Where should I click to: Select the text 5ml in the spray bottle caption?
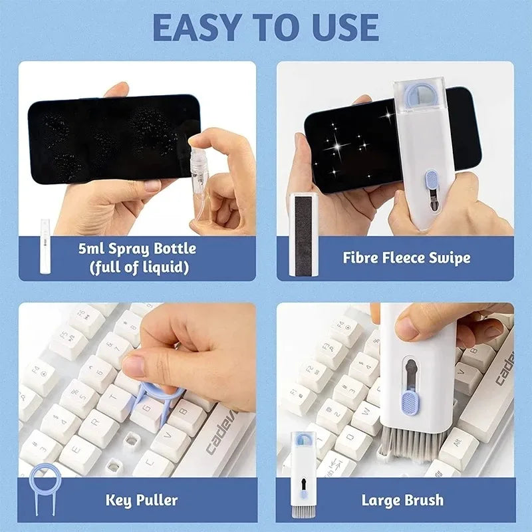click(x=92, y=249)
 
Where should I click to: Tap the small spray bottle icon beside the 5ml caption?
click(x=46, y=238)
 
